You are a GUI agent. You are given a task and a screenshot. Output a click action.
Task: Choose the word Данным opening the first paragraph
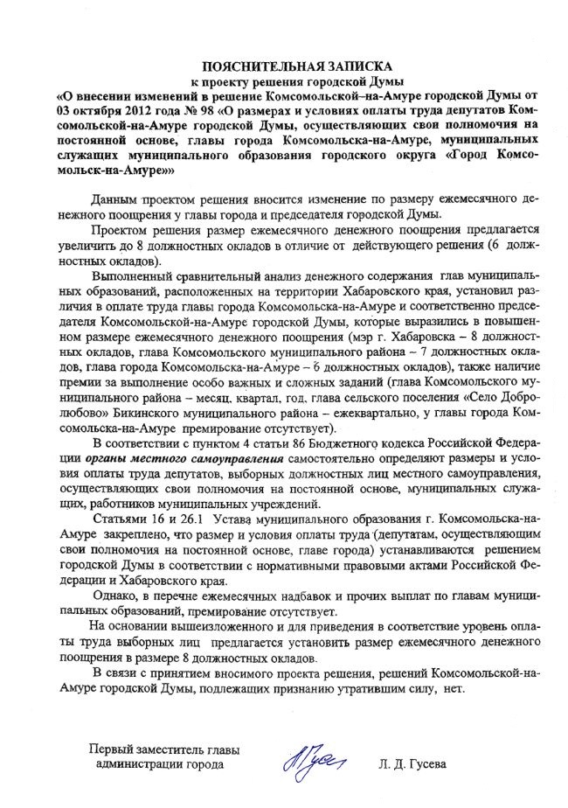tap(116, 200)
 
